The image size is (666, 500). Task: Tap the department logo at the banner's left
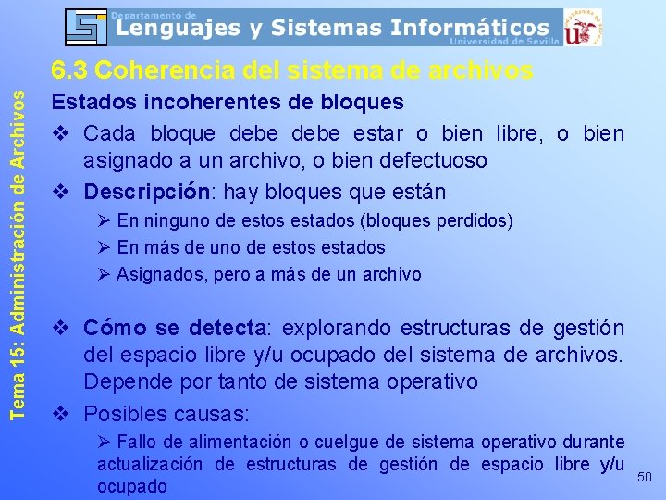86,27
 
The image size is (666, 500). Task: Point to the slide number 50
645,476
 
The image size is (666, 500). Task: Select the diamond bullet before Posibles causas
61,413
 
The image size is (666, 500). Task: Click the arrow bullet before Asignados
104,274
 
